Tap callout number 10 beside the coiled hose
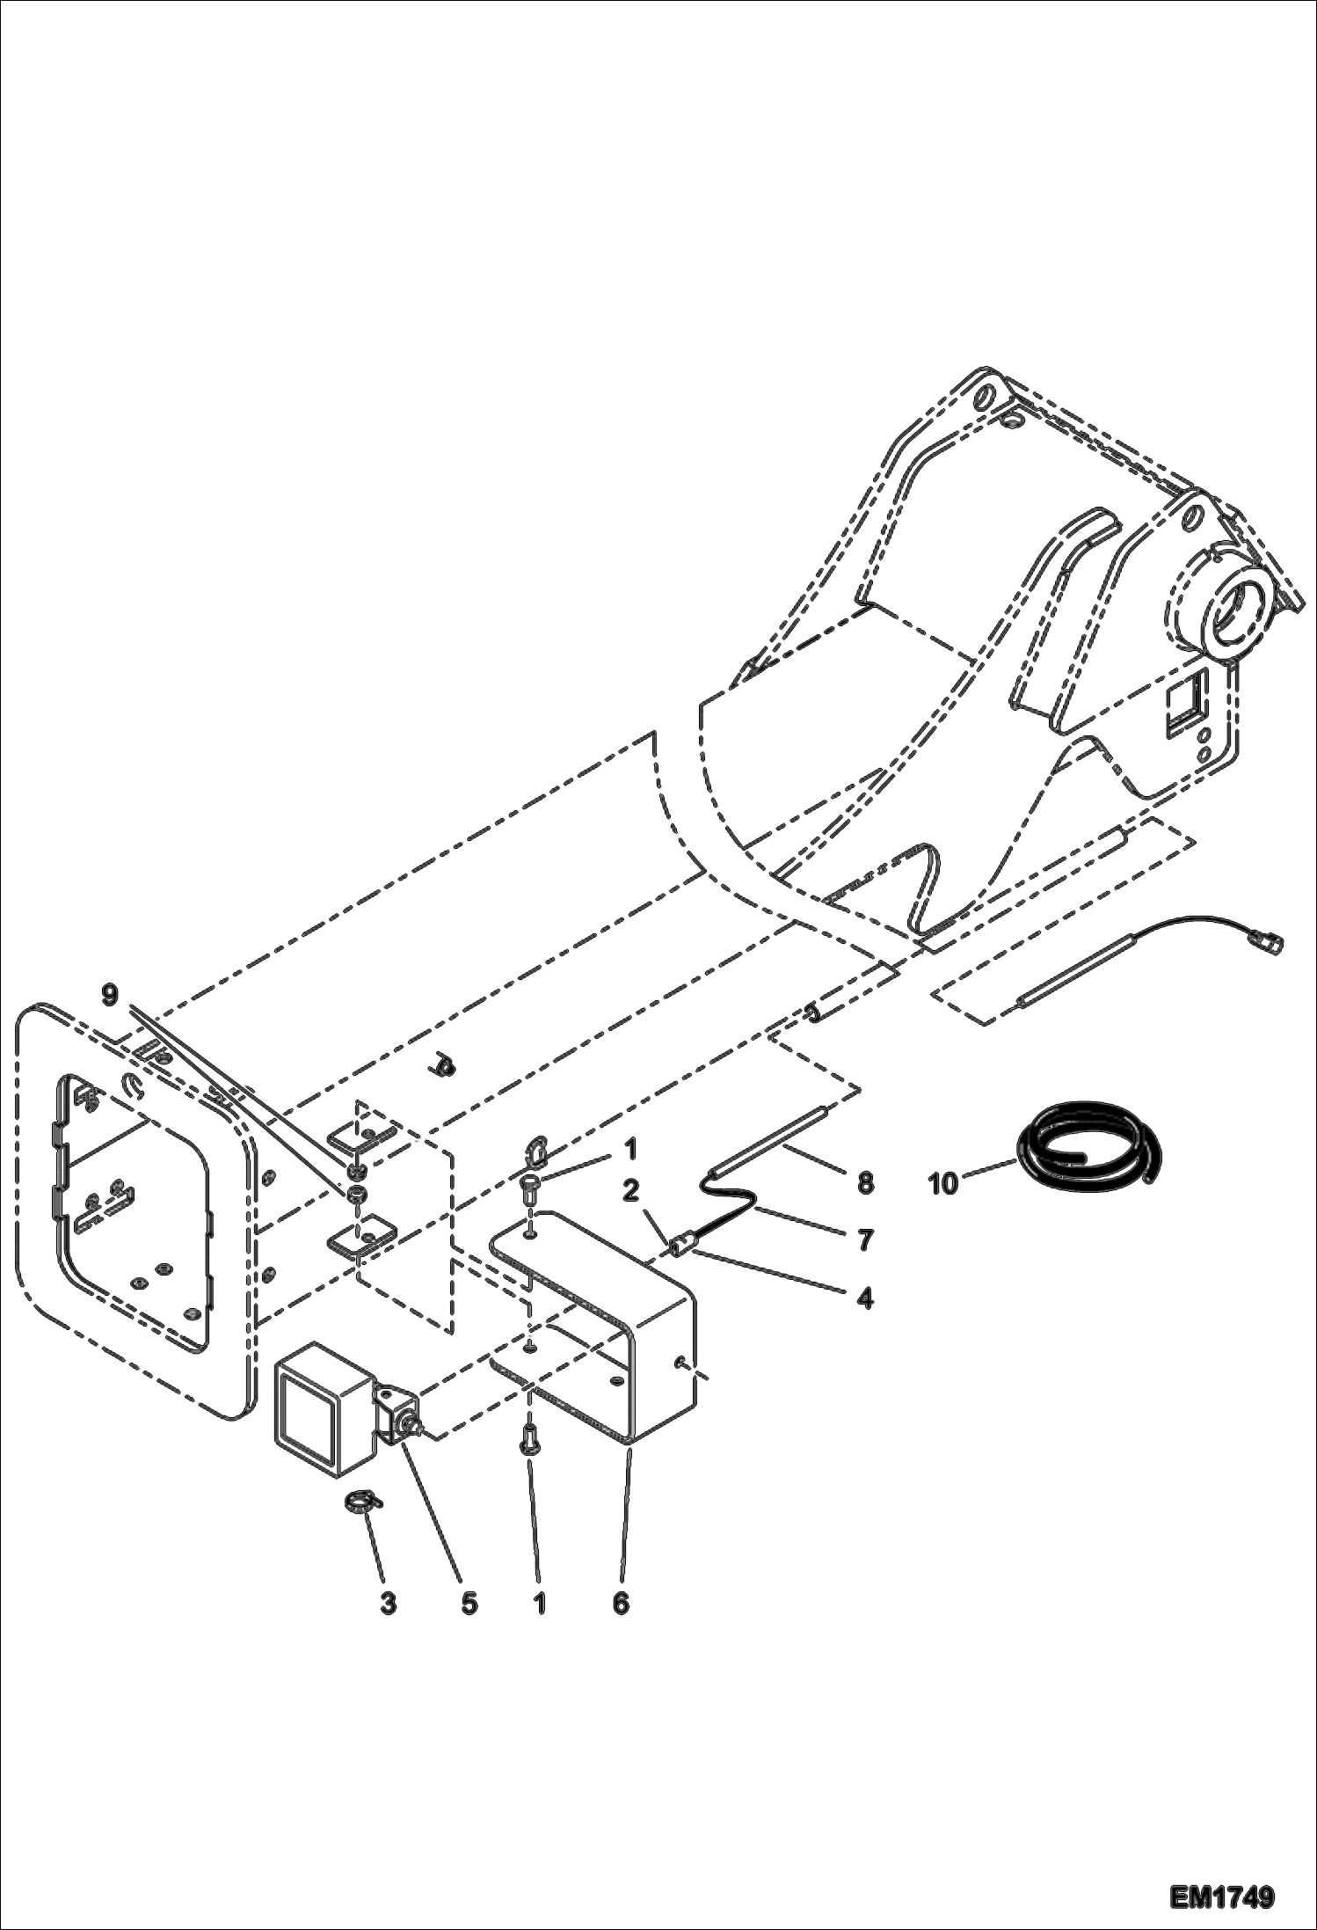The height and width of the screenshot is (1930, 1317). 942,1184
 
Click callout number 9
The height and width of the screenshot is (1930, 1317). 109,995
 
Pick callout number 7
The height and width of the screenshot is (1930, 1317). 865,1240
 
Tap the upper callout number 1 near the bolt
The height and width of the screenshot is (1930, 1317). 629,1149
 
